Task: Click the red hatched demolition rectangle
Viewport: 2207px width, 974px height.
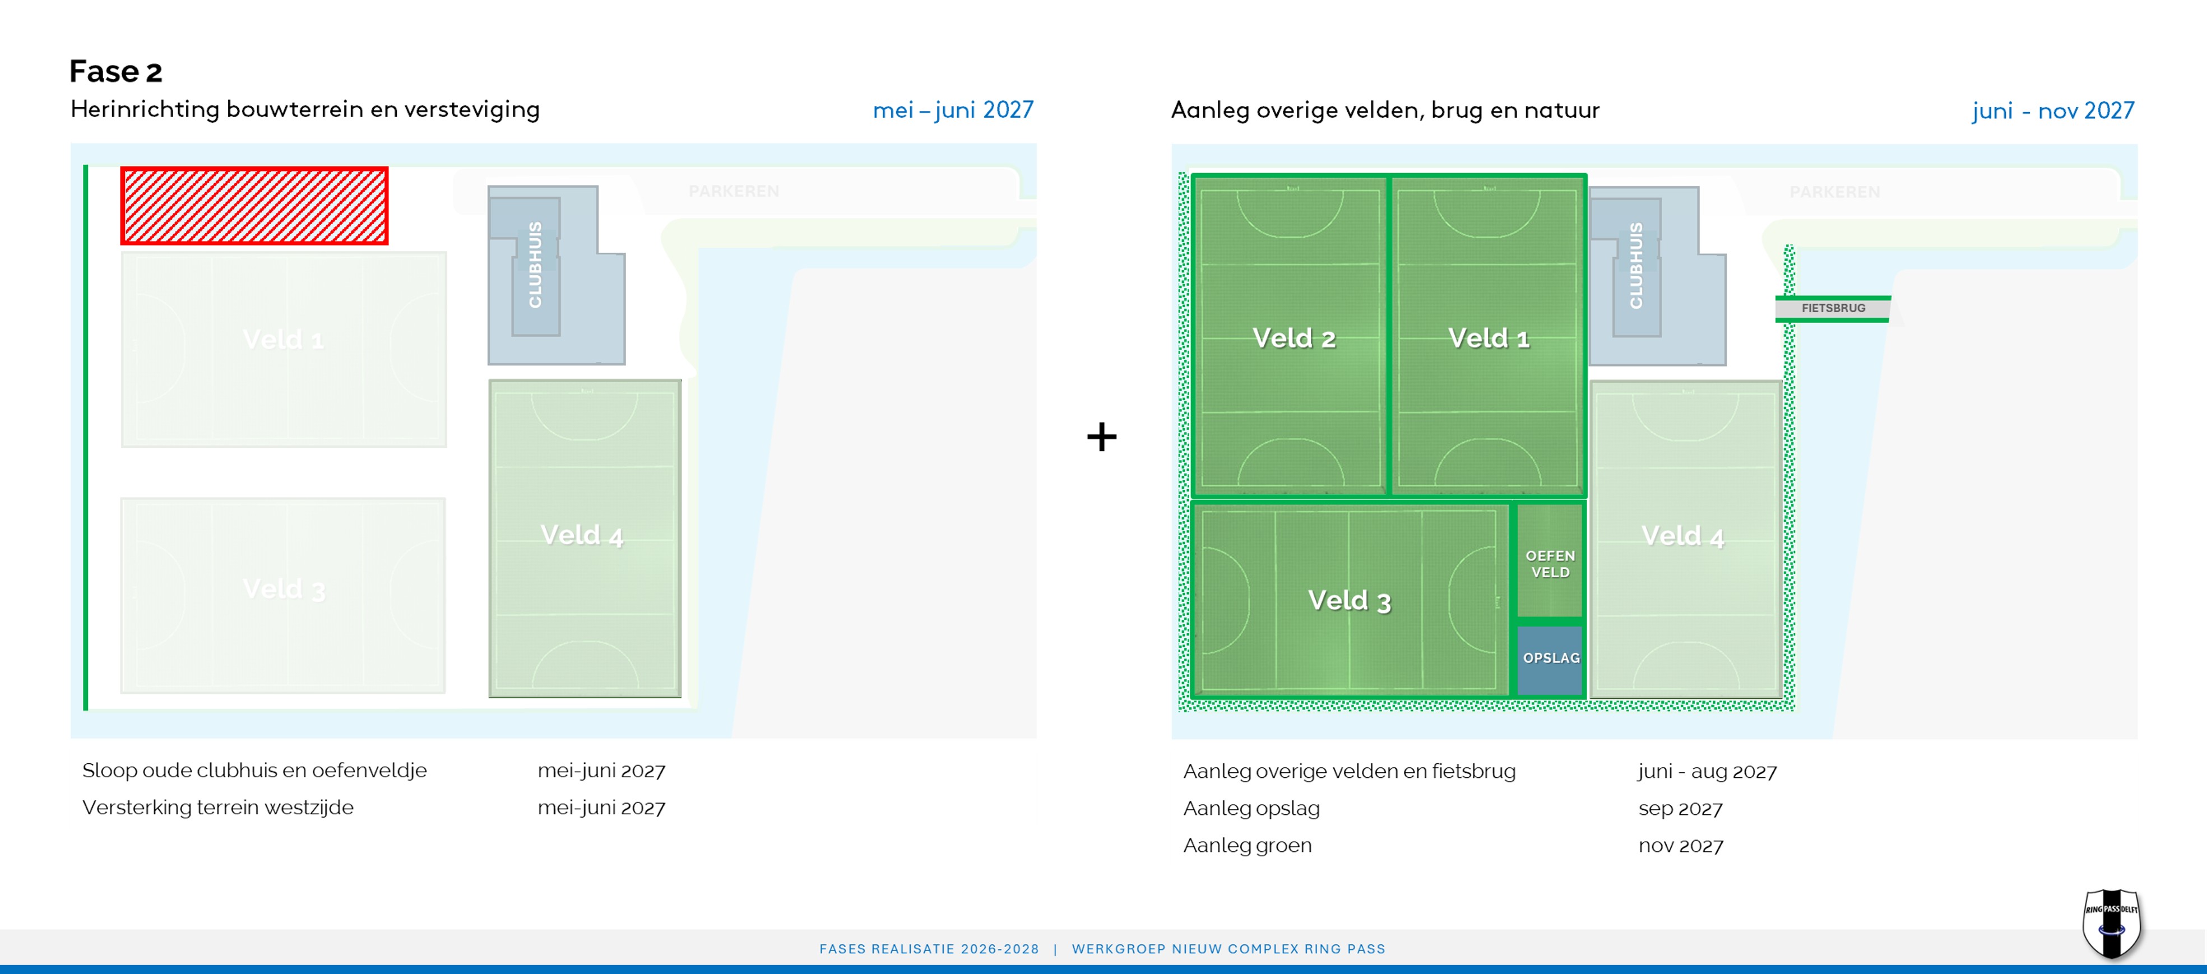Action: click(x=254, y=206)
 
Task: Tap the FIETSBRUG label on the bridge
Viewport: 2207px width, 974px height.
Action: click(x=1833, y=308)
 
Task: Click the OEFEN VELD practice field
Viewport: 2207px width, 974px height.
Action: click(x=1550, y=563)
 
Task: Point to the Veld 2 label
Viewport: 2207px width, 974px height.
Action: click(x=1293, y=338)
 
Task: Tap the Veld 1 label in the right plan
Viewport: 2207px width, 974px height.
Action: click(x=1488, y=338)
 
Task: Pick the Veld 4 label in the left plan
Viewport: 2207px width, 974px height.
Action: click(x=582, y=535)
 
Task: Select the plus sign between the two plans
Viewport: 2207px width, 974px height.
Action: click(x=1102, y=437)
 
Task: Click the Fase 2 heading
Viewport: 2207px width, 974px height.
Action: click(x=115, y=72)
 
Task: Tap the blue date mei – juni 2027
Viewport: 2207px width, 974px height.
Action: click(x=953, y=110)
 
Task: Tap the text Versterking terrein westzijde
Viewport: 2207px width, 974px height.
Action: click(x=217, y=808)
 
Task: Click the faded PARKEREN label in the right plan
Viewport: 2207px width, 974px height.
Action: click(x=1834, y=192)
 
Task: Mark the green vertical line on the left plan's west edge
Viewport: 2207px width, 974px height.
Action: click(x=86, y=437)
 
